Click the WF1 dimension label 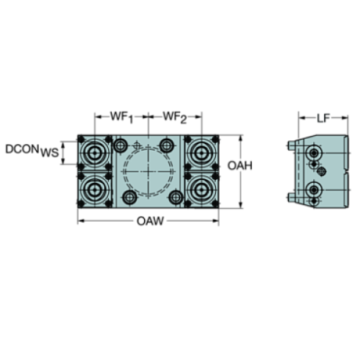point(120,116)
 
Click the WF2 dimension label point(173,116)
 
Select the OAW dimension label point(148,220)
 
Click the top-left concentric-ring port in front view point(94,153)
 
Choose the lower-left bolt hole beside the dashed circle point(130,197)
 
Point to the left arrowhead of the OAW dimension point(79,220)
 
